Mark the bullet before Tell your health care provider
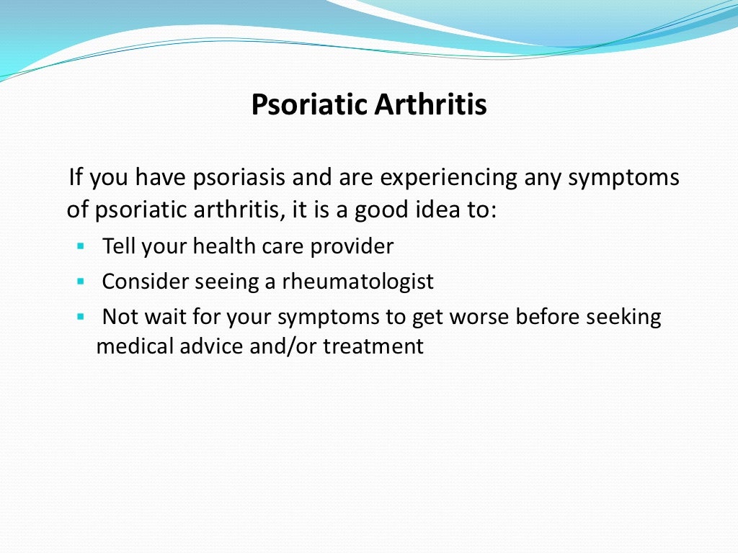point(80,246)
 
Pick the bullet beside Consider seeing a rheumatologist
point(80,281)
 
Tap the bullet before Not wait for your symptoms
point(80,316)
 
